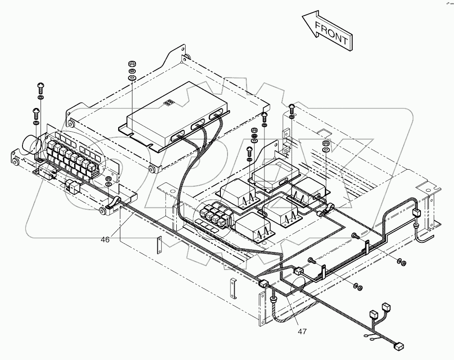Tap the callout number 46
pos(105,240)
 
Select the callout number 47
pos(302,331)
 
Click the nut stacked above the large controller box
pos(131,63)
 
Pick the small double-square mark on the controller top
pos(168,102)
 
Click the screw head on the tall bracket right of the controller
pos(292,107)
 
